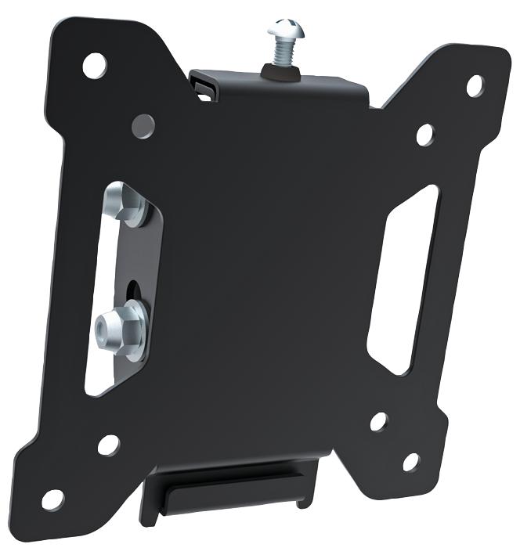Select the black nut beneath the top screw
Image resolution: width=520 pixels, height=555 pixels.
coord(282,71)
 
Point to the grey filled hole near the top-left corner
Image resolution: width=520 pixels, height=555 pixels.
coord(143,124)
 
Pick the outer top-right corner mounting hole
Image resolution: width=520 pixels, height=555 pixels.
coord(475,84)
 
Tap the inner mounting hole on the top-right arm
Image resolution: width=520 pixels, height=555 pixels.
coord(425,135)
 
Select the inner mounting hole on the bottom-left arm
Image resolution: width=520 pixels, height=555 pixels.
coord(107,445)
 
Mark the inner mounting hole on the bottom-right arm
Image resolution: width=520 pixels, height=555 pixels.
coord(378,422)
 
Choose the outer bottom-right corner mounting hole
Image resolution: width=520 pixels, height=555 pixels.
coord(410,462)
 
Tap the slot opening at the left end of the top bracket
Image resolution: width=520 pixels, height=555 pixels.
coord(205,85)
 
